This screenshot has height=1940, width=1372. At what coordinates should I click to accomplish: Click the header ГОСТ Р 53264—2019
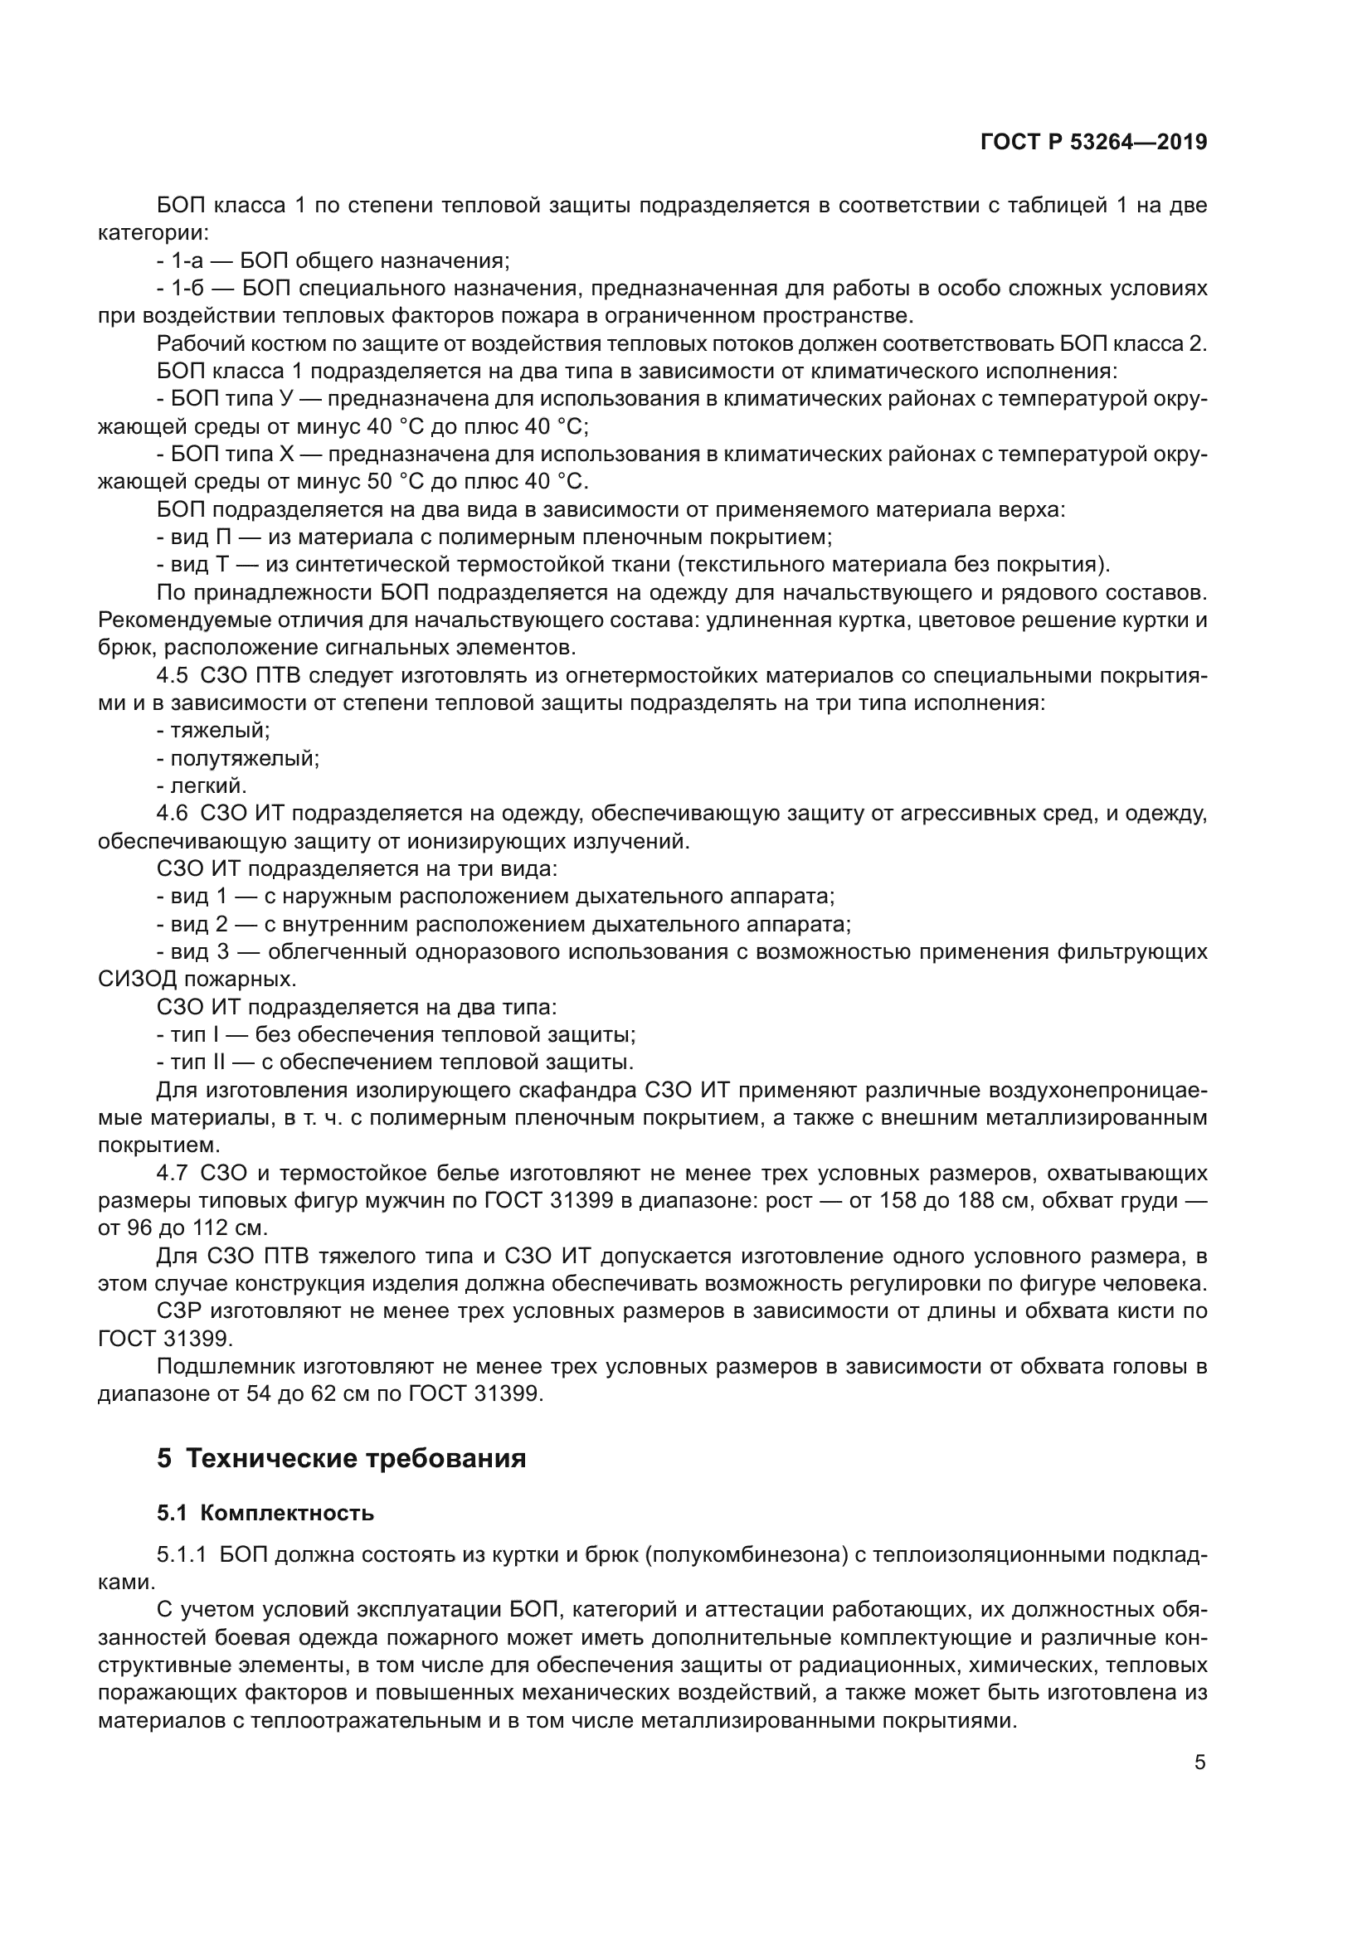click(x=1093, y=142)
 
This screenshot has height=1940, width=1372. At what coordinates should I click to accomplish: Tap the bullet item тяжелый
click(x=220, y=731)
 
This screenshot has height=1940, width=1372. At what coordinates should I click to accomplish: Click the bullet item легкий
click(x=209, y=785)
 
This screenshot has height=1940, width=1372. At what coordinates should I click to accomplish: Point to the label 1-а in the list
click(x=187, y=261)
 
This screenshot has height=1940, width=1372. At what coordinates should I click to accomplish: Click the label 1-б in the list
click(x=187, y=289)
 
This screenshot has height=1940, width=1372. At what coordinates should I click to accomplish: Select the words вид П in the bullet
click(x=201, y=537)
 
